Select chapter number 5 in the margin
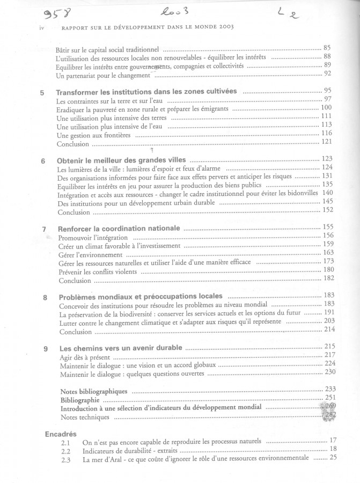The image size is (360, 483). click(42, 92)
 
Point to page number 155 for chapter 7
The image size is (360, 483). click(329, 227)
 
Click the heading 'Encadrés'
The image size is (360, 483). click(61, 433)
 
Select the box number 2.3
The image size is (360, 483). click(66, 459)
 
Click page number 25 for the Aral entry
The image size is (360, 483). click(333, 458)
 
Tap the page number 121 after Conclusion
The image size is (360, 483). click(327, 142)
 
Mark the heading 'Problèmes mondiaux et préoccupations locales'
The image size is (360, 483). click(141, 297)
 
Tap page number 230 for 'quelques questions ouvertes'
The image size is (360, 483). click(329, 372)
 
